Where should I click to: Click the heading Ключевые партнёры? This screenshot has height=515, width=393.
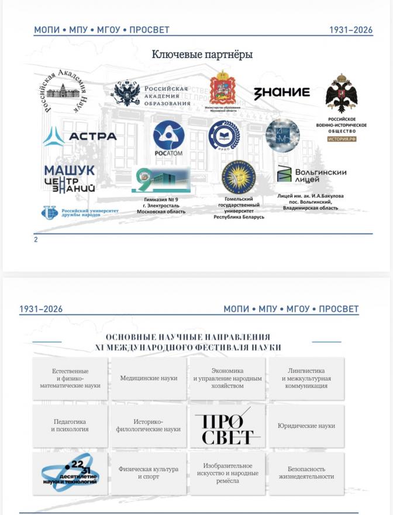click(202, 55)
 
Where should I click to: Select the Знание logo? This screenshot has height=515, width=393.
click(281, 92)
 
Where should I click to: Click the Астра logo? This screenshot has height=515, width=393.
click(80, 136)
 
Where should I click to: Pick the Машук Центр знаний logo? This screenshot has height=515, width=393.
click(69, 178)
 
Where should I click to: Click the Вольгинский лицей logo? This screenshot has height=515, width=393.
click(311, 174)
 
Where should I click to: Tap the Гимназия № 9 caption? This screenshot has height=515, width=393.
click(161, 205)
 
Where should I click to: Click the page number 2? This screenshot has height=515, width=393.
click(36, 239)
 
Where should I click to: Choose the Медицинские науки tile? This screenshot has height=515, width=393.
click(149, 379)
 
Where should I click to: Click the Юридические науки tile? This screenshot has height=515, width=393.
click(306, 426)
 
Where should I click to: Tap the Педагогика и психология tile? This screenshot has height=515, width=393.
click(70, 425)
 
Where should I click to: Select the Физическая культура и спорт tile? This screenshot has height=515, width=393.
click(149, 473)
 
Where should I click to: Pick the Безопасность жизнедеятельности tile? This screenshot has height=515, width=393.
click(306, 473)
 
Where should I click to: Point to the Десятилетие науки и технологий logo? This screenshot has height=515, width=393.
click(70, 472)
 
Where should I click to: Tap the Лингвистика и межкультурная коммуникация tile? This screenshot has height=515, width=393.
click(306, 379)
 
